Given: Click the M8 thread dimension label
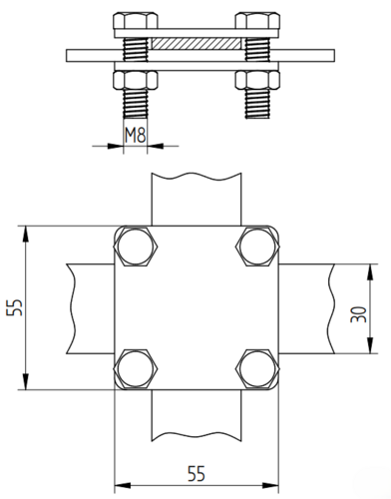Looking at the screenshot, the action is tap(136, 135).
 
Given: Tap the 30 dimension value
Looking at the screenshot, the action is tap(359, 314).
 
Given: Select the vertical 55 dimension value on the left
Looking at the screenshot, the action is tap(14, 307).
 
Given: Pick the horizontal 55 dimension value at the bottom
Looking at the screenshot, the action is tap(196, 473).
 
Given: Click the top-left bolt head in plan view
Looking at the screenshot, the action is tap(136, 247).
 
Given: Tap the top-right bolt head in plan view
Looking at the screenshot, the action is tap(257, 247).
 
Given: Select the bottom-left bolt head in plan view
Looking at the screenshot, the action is tap(136, 368).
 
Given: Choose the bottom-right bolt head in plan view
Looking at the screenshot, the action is tap(257, 368).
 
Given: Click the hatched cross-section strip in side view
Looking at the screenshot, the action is tap(196, 44).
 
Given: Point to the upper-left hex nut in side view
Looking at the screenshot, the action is tap(136, 21).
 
